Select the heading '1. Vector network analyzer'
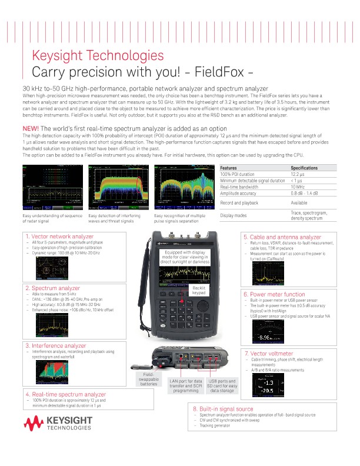(59, 237)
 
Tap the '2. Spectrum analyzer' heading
(53, 288)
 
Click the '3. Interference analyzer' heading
(55, 345)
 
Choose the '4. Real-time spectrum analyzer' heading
(65, 394)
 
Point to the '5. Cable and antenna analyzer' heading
(282, 237)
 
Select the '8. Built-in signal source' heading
(224, 408)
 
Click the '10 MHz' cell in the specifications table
(298, 187)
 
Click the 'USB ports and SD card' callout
(223, 385)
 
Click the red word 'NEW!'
(30, 128)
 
